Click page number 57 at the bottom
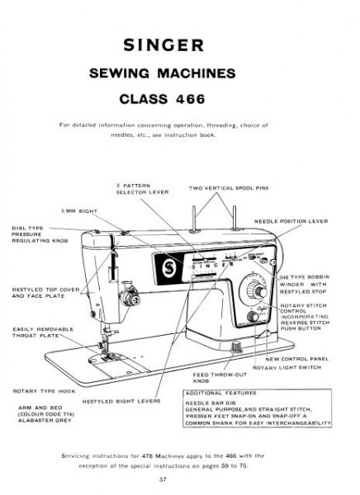pyautogui.click(x=180, y=478)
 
